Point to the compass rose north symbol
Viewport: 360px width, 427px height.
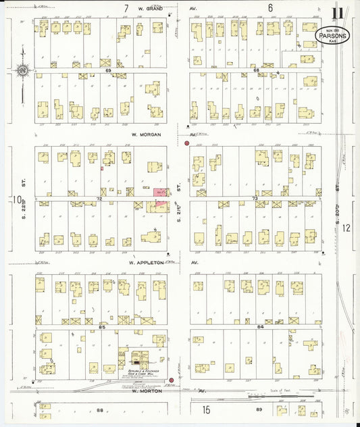pos(22,69)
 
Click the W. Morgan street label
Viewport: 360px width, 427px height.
pos(148,134)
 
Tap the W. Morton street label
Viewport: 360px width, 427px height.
pos(148,391)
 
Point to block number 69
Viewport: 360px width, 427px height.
pos(107,70)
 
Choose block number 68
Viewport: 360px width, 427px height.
pos(256,70)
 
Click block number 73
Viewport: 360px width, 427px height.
pos(255,199)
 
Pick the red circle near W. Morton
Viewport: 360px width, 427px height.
pos(172,380)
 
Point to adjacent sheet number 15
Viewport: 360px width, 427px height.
pos(205,409)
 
